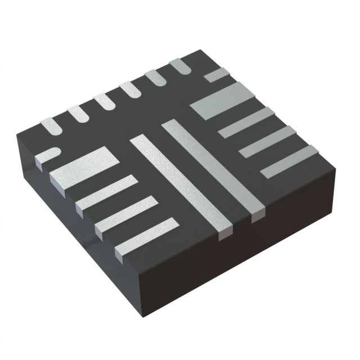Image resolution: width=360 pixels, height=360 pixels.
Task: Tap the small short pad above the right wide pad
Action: [x=216, y=75]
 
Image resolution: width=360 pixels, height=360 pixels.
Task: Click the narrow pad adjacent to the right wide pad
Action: [x=246, y=122]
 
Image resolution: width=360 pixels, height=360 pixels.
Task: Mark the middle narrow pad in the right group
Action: [x=268, y=141]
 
